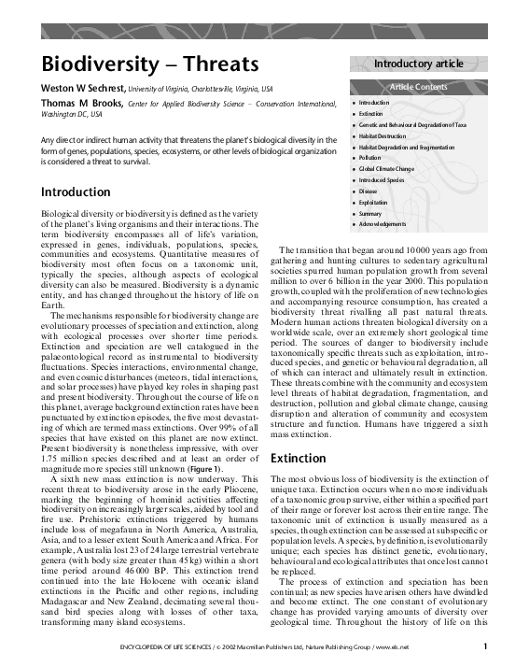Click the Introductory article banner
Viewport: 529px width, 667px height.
[418, 64]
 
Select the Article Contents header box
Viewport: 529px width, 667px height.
[418, 87]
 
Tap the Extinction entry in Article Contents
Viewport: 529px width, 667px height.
[370, 112]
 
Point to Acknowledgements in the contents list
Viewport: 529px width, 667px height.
[382, 224]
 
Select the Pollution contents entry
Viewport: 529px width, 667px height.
[369, 157]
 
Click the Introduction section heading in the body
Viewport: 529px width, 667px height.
[76, 192]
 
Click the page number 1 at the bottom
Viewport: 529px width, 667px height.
[485, 645]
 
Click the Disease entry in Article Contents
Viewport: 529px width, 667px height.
[368, 191]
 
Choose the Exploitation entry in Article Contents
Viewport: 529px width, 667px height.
[373, 202]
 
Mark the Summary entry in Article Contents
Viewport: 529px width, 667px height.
[369, 213]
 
